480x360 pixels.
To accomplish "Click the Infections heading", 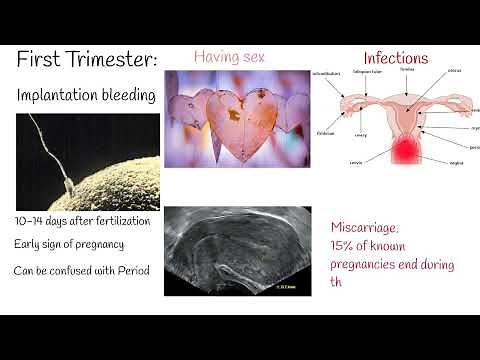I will point(396,58).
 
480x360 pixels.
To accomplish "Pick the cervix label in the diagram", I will point(355,162).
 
